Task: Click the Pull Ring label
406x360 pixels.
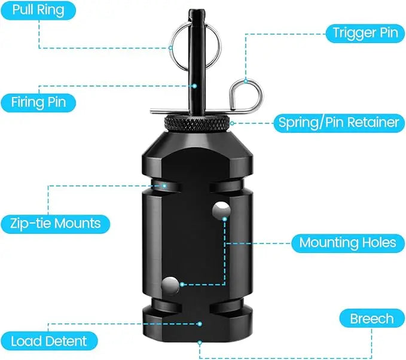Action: click(38, 10)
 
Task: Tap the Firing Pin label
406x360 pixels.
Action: click(38, 103)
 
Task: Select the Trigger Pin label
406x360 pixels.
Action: click(365, 33)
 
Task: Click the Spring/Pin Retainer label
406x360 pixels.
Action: click(339, 123)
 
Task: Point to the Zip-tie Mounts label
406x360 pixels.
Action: click(56, 224)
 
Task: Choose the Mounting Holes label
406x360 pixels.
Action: click(348, 243)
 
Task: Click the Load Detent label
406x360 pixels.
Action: click(49, 341)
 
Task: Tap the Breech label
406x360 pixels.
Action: click(372, 318)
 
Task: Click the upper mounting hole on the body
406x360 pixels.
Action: click(221, 210)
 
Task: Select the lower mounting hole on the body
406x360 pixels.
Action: click(170, 286)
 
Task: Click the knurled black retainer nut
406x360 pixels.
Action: click(197, 123)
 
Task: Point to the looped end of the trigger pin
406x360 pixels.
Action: click(246, 94)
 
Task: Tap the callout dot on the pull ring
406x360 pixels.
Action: click(170, 48)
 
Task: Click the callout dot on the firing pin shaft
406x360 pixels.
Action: click(194, 86)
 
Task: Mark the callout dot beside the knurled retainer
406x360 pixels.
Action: click(232, 123)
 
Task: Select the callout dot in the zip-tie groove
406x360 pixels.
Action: click(164, 186)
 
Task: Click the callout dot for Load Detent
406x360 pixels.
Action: click(200, 324)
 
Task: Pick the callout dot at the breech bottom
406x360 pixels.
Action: click(200, 343)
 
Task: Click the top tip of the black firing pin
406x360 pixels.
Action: click(197, 10)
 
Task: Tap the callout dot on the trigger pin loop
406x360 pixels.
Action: click(246, 81)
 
